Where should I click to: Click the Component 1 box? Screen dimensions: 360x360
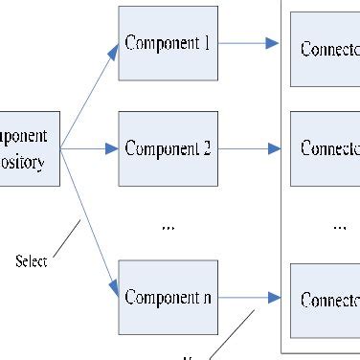167,43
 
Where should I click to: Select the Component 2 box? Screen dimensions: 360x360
167,148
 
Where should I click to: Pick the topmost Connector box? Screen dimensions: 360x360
325,49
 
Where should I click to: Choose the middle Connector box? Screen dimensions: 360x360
325,148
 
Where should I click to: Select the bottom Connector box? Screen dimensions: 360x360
325,300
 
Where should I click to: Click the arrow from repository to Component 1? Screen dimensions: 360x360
89,96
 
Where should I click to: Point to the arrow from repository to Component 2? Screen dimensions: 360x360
89,148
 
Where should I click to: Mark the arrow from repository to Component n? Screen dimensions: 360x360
88,220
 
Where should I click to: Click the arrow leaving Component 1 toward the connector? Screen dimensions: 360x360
248,43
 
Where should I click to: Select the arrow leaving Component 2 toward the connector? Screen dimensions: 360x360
248,148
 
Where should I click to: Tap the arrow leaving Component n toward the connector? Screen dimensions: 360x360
248,297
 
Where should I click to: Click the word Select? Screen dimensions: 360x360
31,260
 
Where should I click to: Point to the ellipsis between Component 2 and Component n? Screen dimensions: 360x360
168,227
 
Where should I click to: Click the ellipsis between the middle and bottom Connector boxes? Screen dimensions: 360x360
339,227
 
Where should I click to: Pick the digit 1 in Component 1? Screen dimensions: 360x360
206,43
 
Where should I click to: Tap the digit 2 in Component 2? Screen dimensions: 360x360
205,148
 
